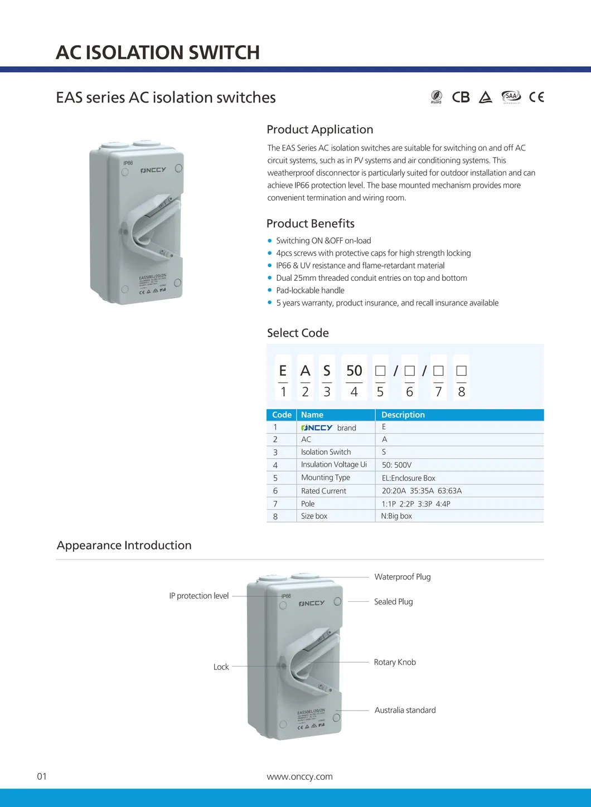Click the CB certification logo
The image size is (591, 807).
click(461, 98)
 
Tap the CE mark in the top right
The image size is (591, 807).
click(536, 98)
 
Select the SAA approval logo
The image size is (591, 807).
click(511, 97)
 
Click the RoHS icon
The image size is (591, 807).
click(437, 97)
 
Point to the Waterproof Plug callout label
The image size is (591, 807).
click(403, 577)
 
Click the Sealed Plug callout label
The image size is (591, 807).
click(394, 602)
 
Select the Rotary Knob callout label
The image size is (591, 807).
click(395, 662)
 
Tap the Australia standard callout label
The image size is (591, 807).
click(405, 710)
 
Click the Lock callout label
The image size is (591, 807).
click(221, 667)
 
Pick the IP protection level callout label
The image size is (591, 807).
click(199, 596)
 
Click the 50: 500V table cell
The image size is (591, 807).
click(396, 465)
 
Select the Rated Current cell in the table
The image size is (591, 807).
click(323, 491)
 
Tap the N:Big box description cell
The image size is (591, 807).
click(396, 516)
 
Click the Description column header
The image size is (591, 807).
click(403, 415)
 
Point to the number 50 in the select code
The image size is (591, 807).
click(354, 371)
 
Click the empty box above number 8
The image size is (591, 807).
click(461, 371)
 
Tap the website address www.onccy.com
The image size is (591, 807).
click(299, 776)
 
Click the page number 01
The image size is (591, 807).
click(42, 776)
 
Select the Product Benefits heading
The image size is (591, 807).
click(311, 223)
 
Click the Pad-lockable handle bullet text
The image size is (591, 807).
click(310, 290)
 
